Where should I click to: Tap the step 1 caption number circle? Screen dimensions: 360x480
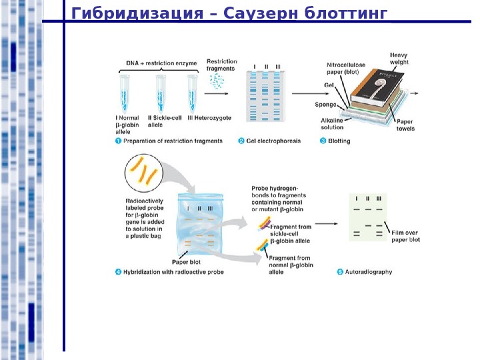coord(119,141)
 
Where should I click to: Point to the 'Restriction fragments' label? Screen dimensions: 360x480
coord(221,65)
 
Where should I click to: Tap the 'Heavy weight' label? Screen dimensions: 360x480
coord(399,58)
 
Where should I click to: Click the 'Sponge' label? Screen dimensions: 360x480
coord(325,105)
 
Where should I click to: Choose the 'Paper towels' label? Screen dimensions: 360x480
coord(405,125)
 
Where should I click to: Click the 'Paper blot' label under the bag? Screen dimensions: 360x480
coord(186,262)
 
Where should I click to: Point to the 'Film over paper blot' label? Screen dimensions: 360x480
coord(405,236)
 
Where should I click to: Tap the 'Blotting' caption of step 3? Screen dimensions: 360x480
coord(339,141)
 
